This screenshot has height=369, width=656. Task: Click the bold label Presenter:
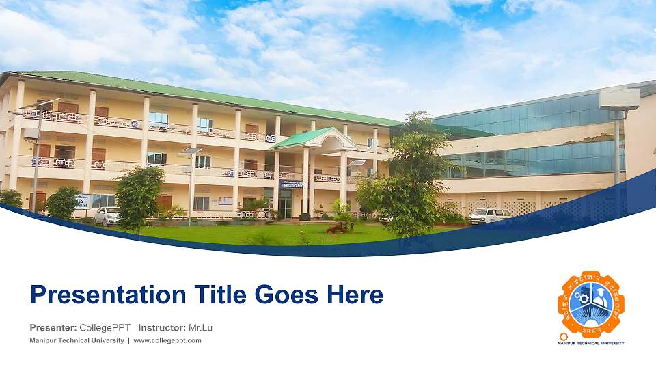(52, 327)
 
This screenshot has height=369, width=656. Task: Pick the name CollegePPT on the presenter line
(105, 327)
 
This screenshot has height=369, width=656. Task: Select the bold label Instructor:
(161, 327)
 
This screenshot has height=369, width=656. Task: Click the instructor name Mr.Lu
(200, 327)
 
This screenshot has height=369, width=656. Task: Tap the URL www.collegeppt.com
(167, 340)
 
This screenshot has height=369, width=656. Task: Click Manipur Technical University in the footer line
(76, 340)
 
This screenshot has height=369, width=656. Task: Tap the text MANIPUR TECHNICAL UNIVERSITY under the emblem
(591, 342)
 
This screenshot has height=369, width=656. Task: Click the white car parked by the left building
(107, 216)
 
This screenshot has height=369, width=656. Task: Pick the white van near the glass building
(489, 216)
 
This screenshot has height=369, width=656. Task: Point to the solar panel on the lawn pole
(191, 150)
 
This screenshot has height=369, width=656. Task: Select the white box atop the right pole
(618, 99)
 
